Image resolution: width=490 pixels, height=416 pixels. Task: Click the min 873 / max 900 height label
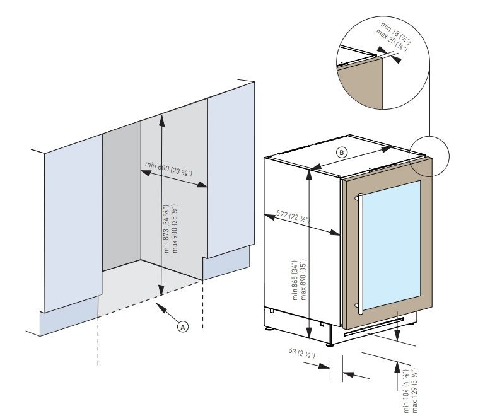(170, 228)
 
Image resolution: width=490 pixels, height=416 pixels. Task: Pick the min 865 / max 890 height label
(298, 280)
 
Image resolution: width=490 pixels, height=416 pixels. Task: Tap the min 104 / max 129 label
(411, 387)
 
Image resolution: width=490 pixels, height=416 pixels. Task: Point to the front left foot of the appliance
(272, 328)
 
